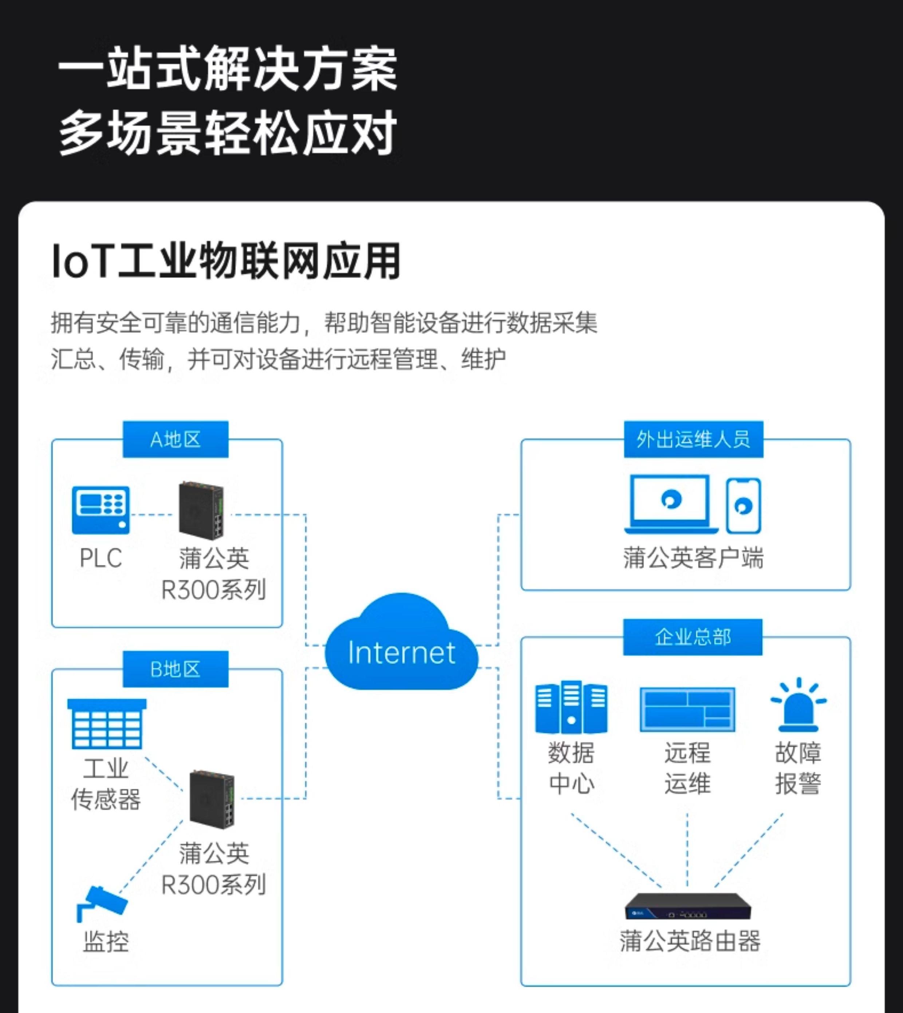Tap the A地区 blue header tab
point(176,439)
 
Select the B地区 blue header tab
point(176,669)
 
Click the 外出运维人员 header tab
point(693,439)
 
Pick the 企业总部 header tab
point(693,637)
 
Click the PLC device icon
point(101,510)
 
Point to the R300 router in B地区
point(212,798)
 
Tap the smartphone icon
point(743,506)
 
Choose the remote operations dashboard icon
point(687,709)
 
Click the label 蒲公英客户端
point(693,558)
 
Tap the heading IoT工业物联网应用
point(226,261)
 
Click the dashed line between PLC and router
point(152,515)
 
